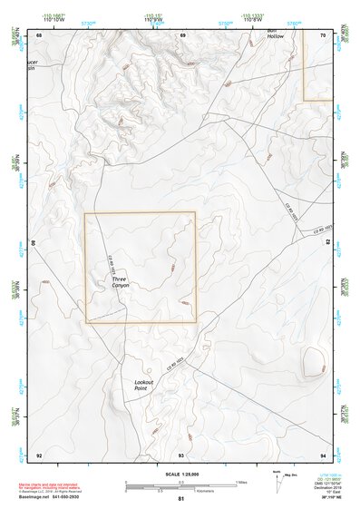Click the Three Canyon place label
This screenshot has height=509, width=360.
(121, 282)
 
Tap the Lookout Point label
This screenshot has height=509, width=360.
(146, 386)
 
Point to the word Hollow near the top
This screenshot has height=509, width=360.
(275, 36)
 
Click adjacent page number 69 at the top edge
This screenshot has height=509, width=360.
(182, 34)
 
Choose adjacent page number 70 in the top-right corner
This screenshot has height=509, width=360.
(324, 34)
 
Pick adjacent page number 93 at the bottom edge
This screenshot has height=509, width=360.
(181, 455)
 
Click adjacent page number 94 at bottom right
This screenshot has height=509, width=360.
(324, 455)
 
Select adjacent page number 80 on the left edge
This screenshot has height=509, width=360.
(34, 244)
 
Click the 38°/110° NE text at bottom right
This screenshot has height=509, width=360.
(327, 496)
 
